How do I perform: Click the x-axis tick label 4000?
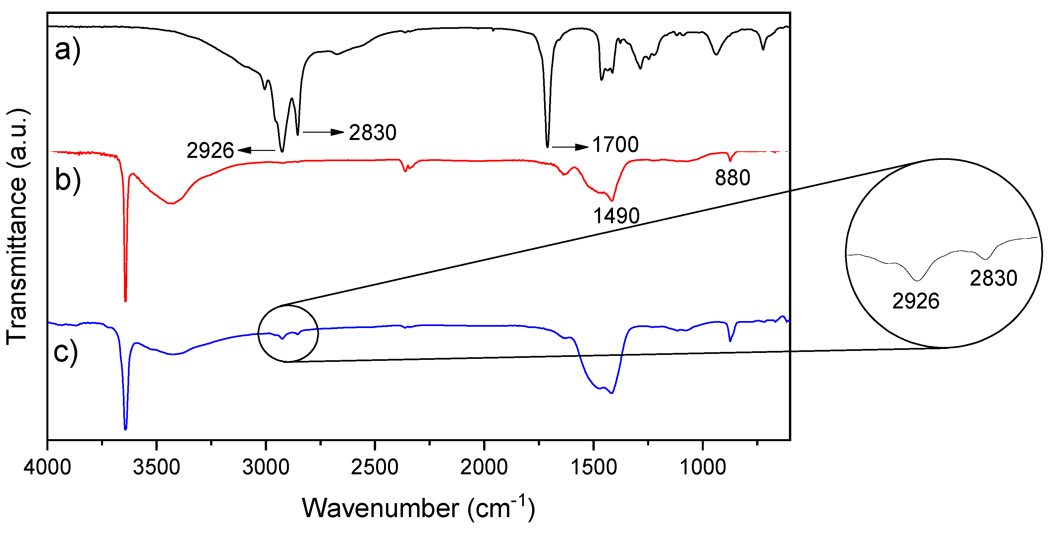pos(47,467)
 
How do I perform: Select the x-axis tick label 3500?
pos(156,467)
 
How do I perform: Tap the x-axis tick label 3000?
pos(266,467)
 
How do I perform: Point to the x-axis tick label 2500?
pos(375,467)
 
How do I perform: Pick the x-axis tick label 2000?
pos(484,467)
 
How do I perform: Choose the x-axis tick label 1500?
pos(593,467)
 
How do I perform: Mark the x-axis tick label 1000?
pos(703,467)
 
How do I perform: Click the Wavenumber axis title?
pos(418,508)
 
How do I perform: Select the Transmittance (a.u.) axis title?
pos(17,227)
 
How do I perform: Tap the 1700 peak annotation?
pos(615,145)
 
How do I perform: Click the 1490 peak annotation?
pos(616,216)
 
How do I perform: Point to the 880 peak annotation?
pos(732,178)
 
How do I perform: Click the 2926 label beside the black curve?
pos(210,151)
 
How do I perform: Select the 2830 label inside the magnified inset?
pos(993,278)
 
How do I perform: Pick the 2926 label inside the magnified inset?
pos(916,301)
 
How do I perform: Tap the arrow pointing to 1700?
pos(570,147)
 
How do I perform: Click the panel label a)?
pos(68,50)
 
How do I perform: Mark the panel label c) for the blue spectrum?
pos(66,352)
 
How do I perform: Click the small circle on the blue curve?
pos(288,333)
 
